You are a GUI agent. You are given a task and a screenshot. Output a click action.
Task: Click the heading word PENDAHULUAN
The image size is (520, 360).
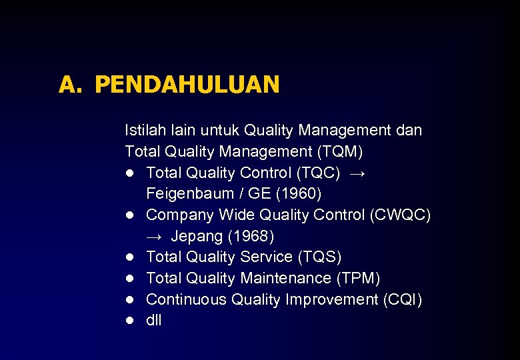pyautogui.click(x=187, y=85)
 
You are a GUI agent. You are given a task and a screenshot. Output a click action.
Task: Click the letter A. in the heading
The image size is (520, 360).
pyautogui.click(x=69, y=85)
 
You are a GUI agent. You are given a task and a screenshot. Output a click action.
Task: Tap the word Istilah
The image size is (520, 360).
pyautogui.click(x=145, y=130)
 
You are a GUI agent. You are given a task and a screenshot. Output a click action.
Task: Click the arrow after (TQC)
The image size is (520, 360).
pyautogui.click(x=357, y=173)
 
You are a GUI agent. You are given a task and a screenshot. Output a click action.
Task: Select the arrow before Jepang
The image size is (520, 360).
pyautogui.click(x=155, y=237)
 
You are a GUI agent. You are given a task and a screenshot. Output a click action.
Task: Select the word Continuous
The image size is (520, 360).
pyautogui.click(x=186, y=300)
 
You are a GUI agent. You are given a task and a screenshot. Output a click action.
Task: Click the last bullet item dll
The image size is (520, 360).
pyautogui.click(x=153, y=321)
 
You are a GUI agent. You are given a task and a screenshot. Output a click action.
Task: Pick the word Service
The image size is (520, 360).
pyautogui.click(x=264, y=257)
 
